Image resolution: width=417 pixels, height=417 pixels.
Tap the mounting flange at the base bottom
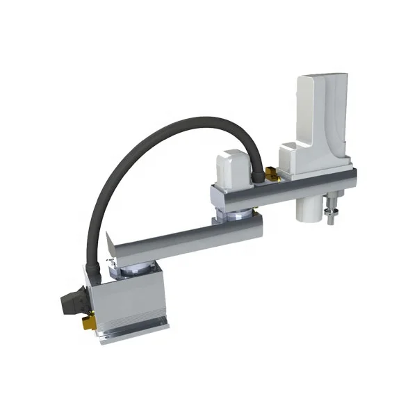136,332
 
